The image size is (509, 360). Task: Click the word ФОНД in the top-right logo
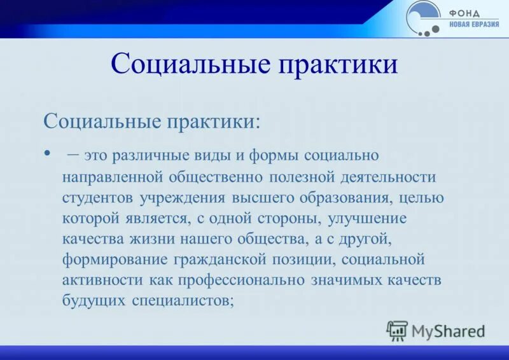coord(464,13)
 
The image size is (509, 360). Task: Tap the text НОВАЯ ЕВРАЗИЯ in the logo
coord(474,24)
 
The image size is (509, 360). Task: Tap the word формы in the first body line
coord(275,155)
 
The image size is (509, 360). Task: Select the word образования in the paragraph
coord(345,197)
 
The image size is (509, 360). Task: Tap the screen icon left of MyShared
coord(396,330)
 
